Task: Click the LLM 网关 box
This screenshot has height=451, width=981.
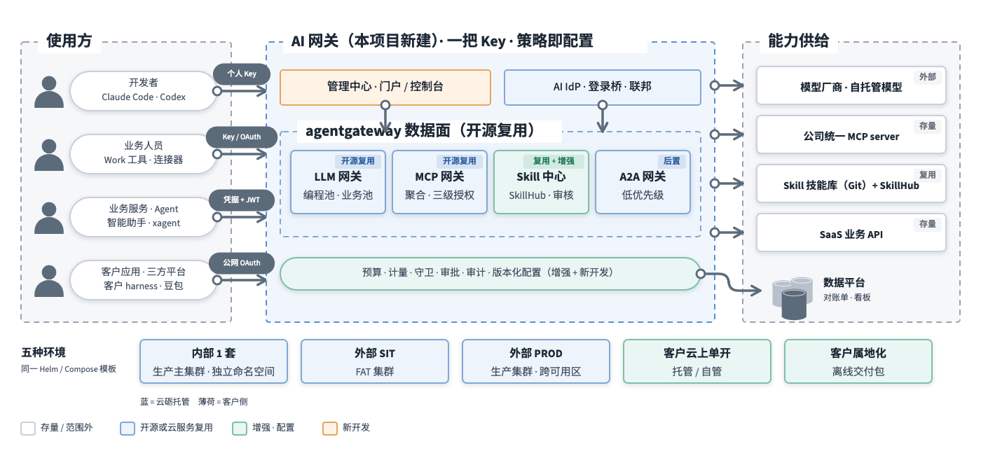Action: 338,182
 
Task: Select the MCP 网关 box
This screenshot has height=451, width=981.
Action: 439,182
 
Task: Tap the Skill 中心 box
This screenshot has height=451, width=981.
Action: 541,182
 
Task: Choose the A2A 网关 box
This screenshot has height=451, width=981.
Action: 643,182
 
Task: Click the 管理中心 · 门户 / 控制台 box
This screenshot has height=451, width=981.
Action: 385,87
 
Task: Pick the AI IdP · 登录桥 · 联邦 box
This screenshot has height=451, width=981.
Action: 602,87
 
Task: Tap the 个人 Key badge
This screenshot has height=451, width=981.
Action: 241,74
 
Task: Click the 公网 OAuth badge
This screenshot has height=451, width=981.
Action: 241,263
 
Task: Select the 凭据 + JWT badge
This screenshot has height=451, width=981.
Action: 241,200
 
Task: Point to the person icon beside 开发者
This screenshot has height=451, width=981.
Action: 49,92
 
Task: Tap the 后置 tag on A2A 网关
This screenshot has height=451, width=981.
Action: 671,161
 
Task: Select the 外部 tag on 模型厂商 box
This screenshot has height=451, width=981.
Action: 927,77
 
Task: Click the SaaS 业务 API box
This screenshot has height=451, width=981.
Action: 851,233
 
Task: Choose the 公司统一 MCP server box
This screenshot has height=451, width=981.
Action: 851,134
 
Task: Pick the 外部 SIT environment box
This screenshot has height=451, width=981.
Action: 374,361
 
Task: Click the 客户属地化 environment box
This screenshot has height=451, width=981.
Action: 858,361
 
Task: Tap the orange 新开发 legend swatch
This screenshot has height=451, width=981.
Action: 330,428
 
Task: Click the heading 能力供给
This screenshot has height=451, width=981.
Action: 798,41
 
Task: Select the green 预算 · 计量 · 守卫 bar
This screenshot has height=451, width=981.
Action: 490,274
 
